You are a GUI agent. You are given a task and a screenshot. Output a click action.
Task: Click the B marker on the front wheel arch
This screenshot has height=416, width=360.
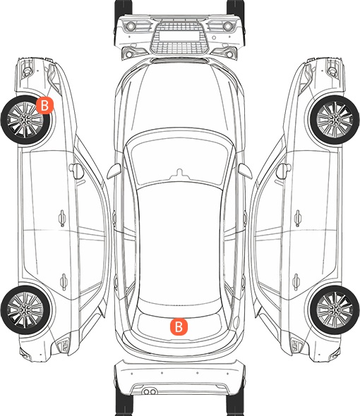(45, 105)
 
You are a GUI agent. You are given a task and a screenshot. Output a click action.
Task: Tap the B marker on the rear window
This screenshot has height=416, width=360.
(179, 326)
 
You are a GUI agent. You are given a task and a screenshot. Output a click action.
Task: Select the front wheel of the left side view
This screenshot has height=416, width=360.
(26, 120)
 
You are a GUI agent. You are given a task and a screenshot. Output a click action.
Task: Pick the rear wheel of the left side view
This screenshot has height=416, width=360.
(25, 310)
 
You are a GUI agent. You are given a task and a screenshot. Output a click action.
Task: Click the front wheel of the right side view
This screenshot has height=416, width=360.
(335, 120)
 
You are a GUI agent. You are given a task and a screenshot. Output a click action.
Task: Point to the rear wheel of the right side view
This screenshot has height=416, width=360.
(335, 310)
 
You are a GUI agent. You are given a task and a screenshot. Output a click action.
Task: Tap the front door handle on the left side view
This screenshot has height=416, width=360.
(62, 218)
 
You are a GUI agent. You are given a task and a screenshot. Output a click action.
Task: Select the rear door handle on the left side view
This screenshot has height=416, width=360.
(64, 281)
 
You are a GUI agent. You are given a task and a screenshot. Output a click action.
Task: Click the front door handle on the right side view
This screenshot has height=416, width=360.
(298, 218)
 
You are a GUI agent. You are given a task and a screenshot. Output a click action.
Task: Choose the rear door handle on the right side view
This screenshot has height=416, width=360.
(296, 281)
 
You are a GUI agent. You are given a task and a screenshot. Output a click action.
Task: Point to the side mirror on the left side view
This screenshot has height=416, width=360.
(76, 171)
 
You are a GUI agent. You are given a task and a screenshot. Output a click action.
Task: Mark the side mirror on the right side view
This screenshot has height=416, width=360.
(284, 171)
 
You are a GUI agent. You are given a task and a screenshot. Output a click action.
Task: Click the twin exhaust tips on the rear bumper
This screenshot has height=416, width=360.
(150, 391)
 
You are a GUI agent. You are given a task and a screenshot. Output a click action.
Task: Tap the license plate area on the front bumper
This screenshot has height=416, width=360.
(179, 36)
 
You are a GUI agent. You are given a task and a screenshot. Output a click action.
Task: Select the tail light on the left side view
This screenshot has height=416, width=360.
(64, 345)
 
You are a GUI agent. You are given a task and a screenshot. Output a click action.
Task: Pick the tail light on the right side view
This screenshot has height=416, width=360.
(296, 345)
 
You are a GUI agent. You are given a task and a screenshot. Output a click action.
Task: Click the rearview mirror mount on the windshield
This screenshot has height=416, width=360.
(180, 173)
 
